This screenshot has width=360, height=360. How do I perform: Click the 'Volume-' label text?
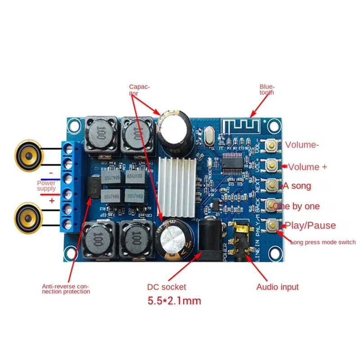click(x=303, y=145)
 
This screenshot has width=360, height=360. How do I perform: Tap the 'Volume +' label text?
click(x=307, y=167)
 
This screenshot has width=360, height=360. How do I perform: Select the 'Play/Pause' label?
click(x=309, y=225)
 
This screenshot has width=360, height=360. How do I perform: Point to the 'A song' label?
click(x=297, y=185)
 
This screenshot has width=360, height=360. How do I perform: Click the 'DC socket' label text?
click(x=166, y=287)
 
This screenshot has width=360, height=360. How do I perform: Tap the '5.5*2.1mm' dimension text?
click(x=174, y=301)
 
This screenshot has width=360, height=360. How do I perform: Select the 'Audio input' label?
click(x=277, y=287)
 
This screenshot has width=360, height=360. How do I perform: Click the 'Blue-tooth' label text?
click(x=267, y=89)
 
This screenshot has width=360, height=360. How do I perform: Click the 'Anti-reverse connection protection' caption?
click(x=66, y=288)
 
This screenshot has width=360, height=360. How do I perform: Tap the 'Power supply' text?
click(x=46, y=186)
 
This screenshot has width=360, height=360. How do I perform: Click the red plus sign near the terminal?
click(x=51, y=201)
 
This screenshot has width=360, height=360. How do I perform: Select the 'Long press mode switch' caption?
click(x=323, y=242)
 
